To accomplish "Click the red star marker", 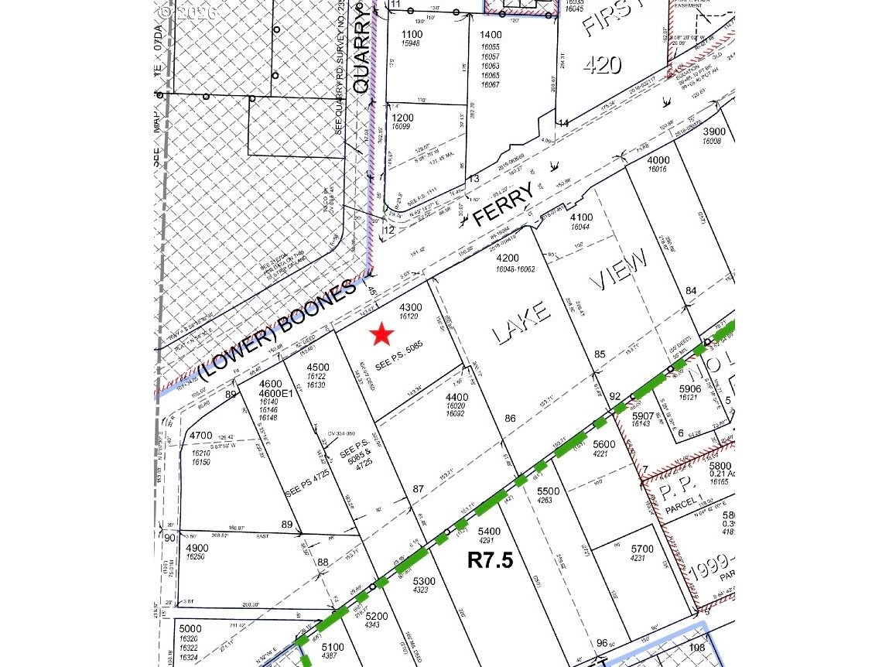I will coord(381,334).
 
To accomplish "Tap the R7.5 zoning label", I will coord(490,560).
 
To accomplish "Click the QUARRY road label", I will coord(361,48).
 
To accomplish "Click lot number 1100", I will coord(412,35).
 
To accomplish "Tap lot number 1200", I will coord(402,118).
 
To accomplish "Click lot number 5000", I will coord(190,628).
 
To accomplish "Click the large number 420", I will coord(602,64).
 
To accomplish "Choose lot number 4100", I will coord(581,217).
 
